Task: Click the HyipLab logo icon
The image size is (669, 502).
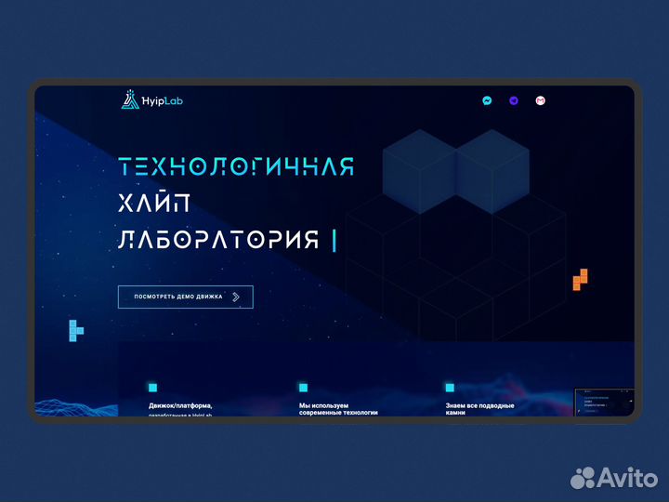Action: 129,100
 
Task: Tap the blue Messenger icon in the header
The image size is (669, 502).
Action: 487,100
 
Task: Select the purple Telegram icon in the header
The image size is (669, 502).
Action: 514,100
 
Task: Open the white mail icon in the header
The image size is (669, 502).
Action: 540,100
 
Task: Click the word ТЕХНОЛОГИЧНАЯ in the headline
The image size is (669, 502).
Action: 237,166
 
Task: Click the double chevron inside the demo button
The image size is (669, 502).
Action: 236,297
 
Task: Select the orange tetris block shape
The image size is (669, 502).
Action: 580,279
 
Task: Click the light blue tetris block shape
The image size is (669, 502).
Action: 75,328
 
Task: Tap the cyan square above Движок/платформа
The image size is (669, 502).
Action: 153,388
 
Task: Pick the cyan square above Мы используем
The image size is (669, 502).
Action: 303,388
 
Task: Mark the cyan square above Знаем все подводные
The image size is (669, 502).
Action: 450,388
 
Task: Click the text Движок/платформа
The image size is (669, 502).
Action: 180,405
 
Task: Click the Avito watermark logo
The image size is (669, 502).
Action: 612,478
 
